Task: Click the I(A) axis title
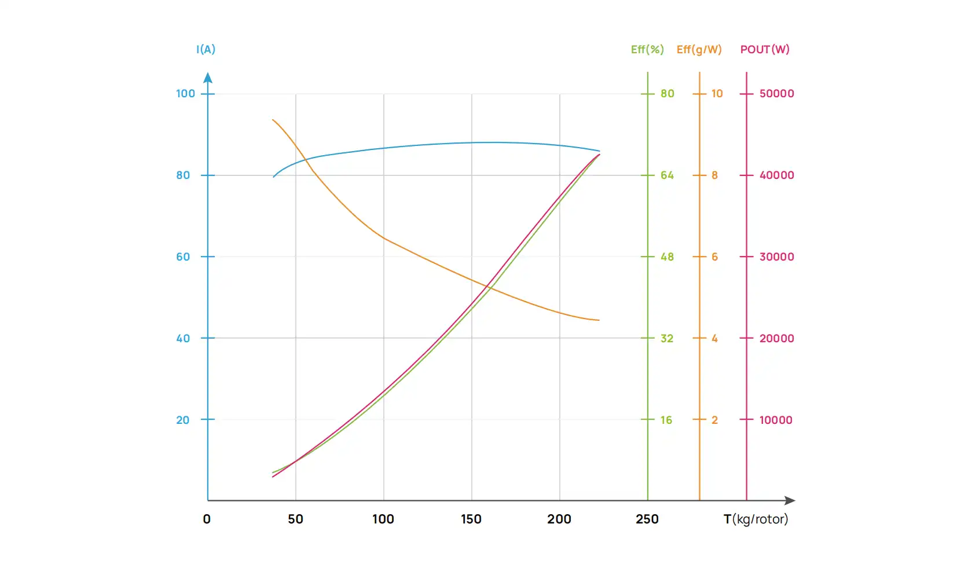(206, 50)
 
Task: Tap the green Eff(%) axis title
(647, 50)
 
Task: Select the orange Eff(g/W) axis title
(699, 50)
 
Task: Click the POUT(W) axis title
(765, 50)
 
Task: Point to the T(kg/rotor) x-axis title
(756, 519)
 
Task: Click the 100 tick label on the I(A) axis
(185, 94)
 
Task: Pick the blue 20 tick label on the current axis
(183, 420)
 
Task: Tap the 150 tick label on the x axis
(471, 519)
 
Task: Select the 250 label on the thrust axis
(647, 519)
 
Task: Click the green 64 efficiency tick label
(667, 175)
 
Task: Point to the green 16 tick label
(666, 420)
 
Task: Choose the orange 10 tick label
(717, 94)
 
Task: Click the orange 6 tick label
(714, 257)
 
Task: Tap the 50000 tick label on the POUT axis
(776, 94)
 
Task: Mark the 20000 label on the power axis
(776, 339)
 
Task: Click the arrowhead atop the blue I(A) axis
(208, 78)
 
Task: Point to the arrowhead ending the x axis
(790, 500)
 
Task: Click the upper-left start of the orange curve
(273, 120)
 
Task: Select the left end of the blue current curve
(274, 177)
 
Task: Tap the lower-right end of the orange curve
(599, 320)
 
